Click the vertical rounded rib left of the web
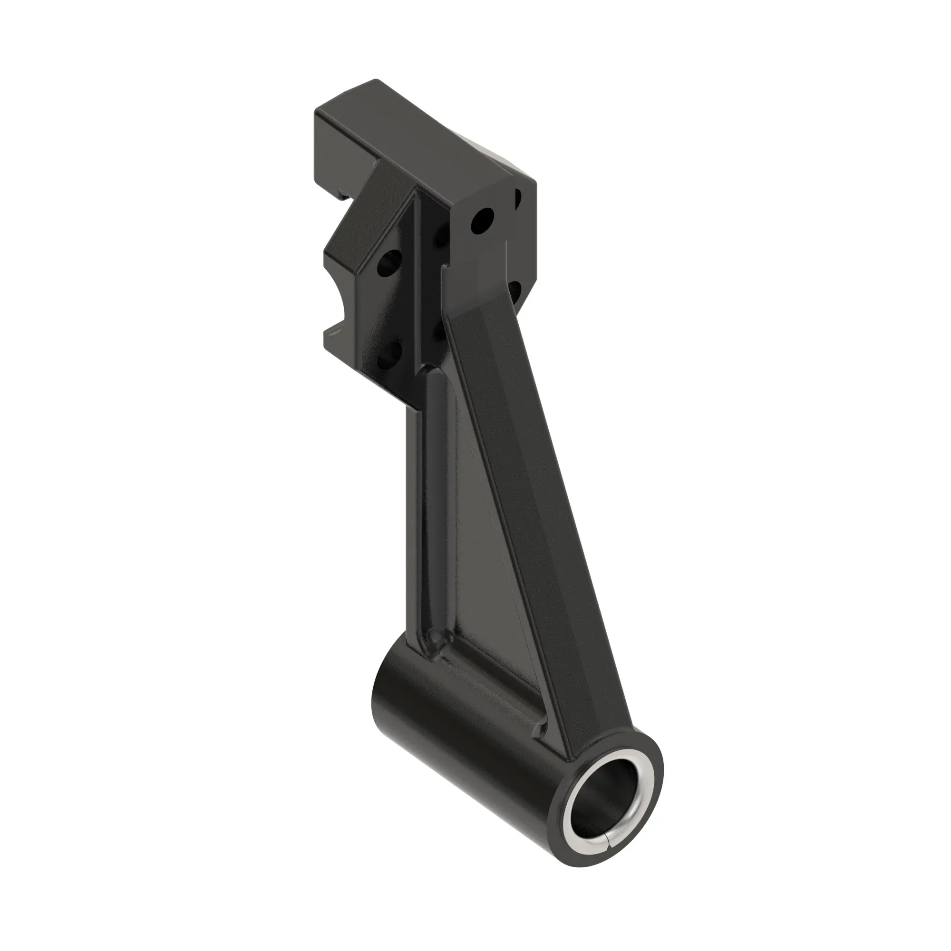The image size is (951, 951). pos(433,502)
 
